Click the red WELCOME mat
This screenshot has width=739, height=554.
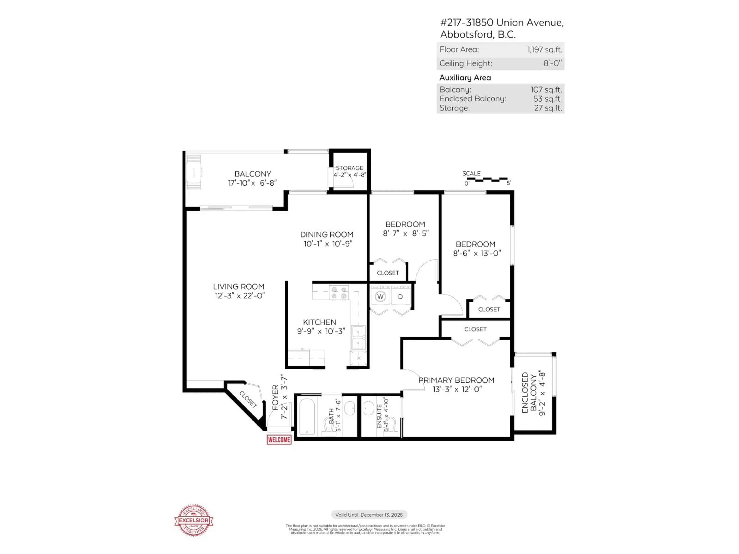279,440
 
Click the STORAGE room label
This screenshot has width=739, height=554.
349,168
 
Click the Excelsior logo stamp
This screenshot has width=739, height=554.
194,520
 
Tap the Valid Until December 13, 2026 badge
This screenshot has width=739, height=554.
369,515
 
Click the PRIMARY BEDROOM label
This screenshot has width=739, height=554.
456,380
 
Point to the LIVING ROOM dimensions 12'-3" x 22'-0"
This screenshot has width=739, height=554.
240,295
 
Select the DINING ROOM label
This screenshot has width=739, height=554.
326,234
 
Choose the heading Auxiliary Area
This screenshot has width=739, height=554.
465,78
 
